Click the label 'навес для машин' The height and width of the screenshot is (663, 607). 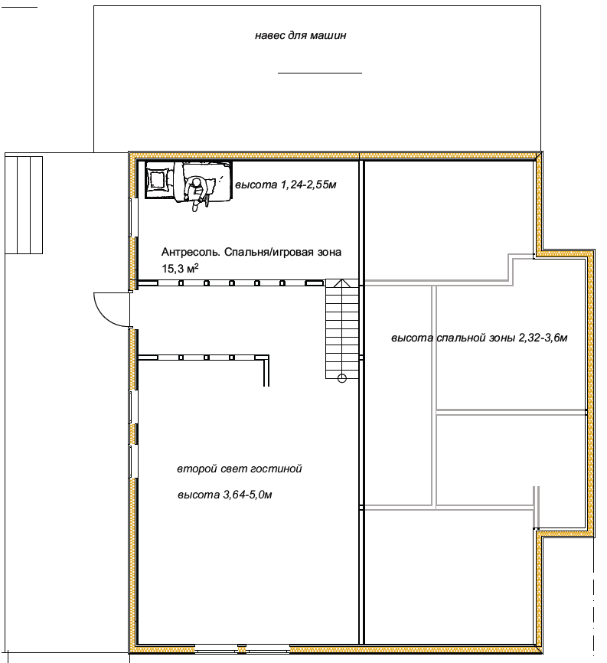tap(300, 35)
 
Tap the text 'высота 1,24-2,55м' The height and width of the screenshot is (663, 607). tap(286, 185)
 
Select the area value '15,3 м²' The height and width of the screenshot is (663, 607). tap(180, 269)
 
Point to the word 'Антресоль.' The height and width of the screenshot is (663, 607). tap(191, 253)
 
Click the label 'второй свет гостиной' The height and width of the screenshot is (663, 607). tap(240, 469)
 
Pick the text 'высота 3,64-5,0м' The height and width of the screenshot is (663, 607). tap(225, 495)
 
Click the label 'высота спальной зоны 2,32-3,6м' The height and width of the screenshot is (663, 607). tap(479, 338)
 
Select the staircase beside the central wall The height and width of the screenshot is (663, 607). tap(342, 329)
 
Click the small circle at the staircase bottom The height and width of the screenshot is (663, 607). tap(342, 378)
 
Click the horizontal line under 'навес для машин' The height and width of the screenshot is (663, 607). tap(320, 73)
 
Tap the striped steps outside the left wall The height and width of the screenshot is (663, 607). tap(24, 205)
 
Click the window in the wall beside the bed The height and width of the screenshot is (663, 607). tap(132, 217)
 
